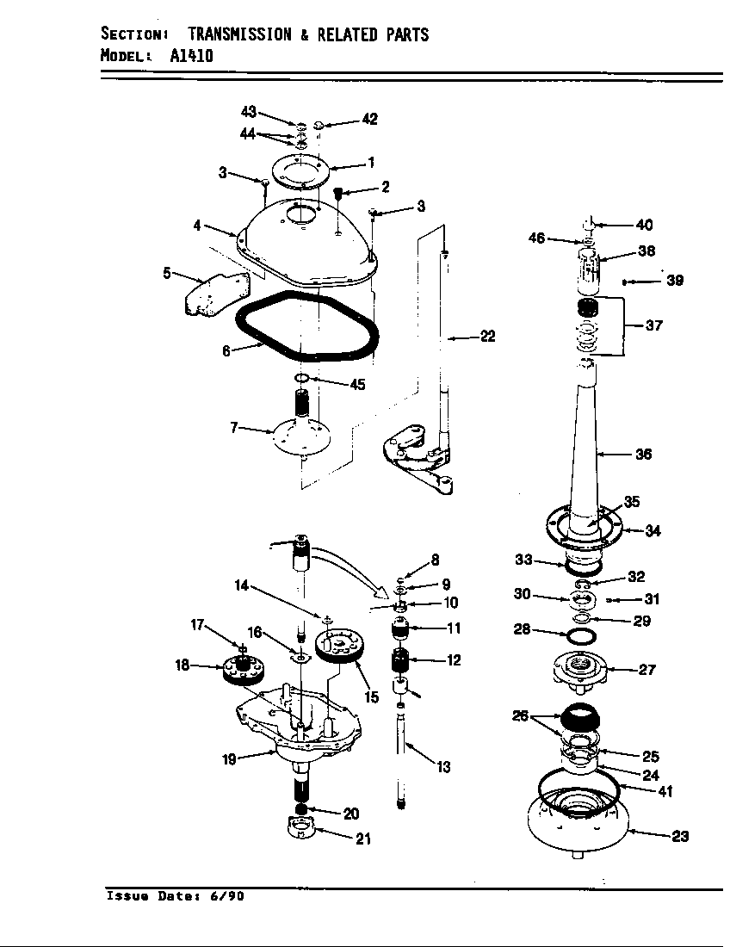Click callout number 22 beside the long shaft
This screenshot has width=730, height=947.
(x=487, y=337)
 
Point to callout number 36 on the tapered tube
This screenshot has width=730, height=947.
(x=642, y=455)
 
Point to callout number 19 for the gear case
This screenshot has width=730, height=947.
(x=230, y=758)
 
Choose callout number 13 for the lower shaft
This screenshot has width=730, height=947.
(x=443, y=767)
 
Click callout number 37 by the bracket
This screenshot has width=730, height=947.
(x=654, y=326)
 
